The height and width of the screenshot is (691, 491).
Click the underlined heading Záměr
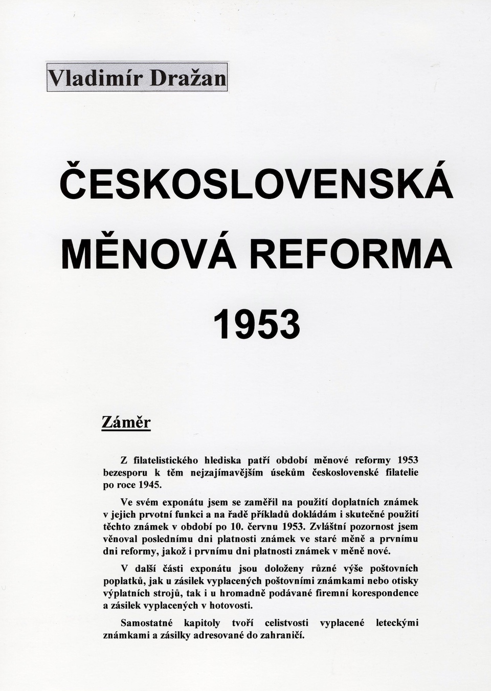tap(126, 422)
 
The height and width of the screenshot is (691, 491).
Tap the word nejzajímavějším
tap(227, 473)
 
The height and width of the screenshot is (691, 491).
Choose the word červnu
tap(263, 526)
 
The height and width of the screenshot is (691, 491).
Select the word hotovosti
tap(232, 606)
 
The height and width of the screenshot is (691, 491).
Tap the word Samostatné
tap(146, 623)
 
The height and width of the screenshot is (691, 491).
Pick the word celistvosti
tap(286, 623)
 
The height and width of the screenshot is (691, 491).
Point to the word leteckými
tap(397, 623)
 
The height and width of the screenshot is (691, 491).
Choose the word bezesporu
tap(125, 473)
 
